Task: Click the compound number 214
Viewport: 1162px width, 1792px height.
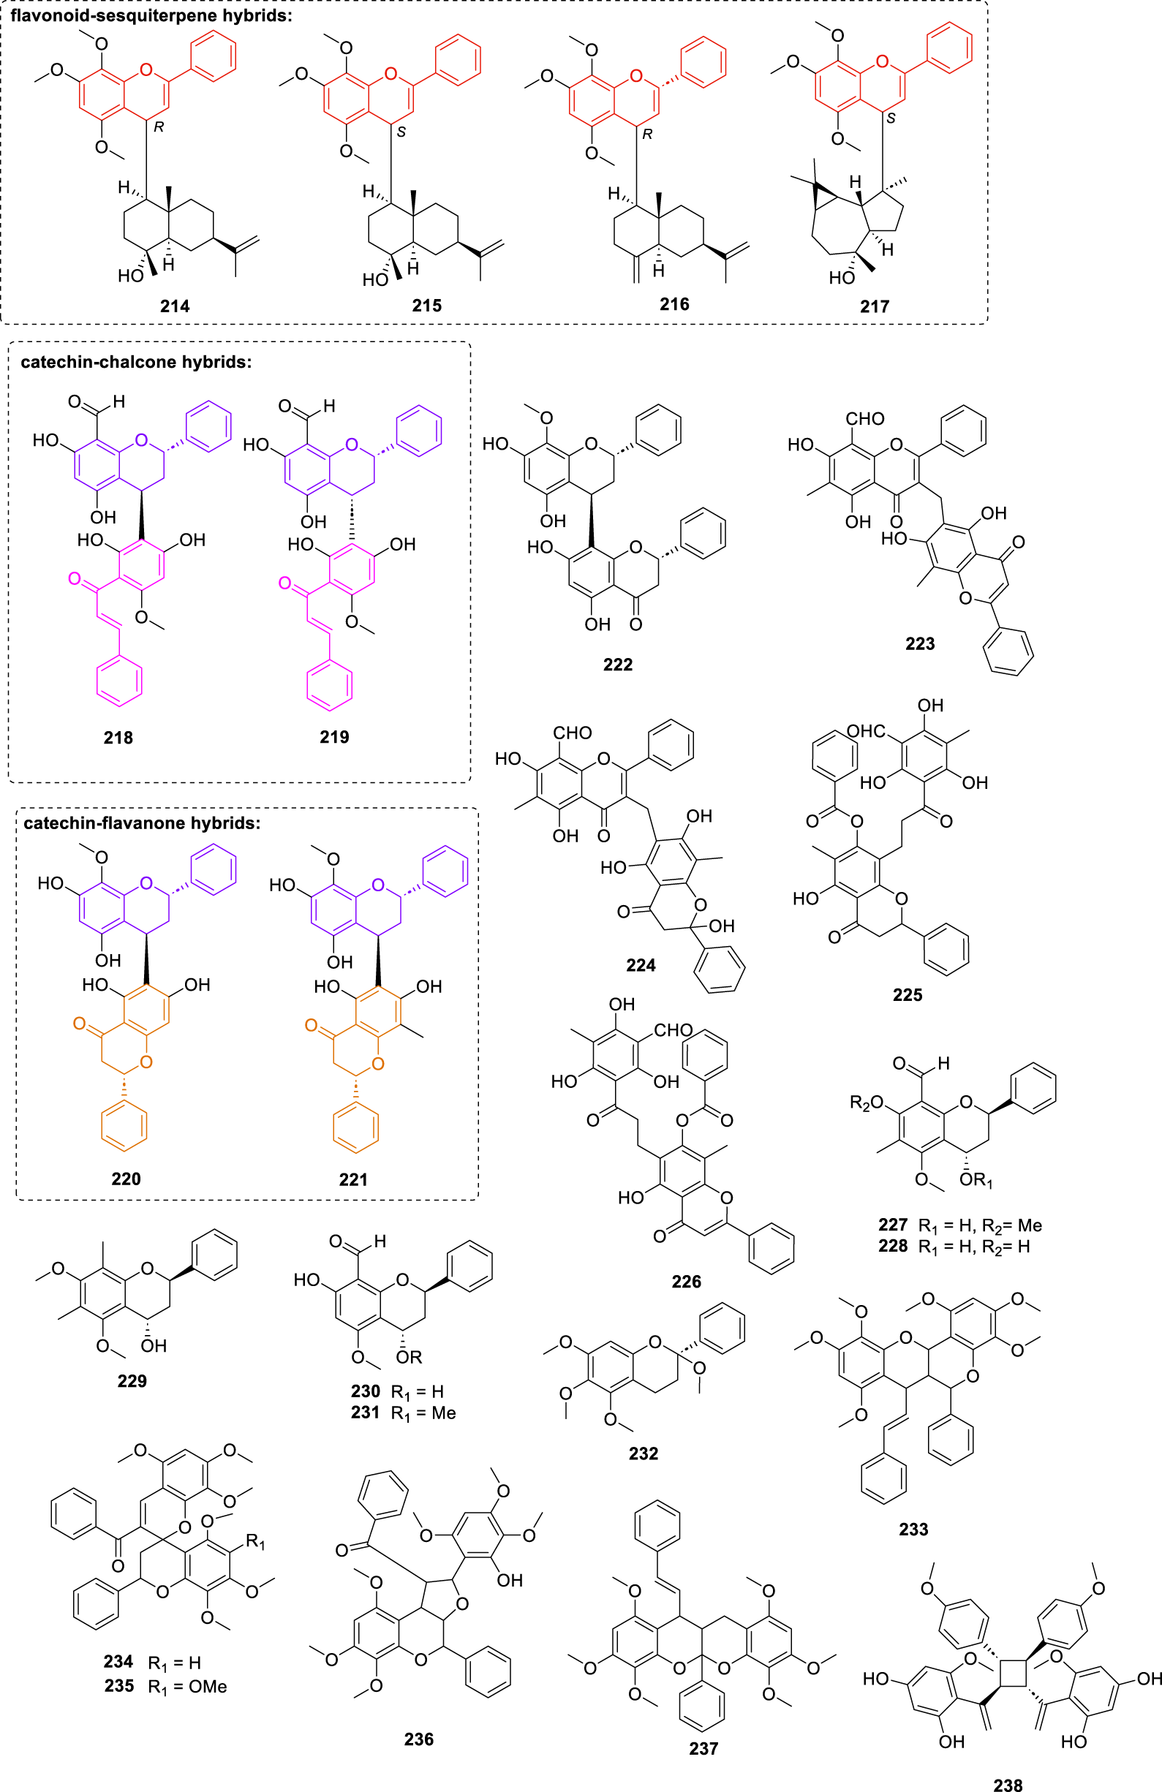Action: pos(175,306)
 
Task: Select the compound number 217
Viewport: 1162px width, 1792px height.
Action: pos(875,306)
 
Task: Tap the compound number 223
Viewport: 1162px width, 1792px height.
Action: pos(919,644)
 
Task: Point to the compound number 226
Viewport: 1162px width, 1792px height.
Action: pos(686,1282)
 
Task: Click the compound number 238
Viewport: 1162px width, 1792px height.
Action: pos(1008,1784)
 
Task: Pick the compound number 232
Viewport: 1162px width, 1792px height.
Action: pos(643,1453)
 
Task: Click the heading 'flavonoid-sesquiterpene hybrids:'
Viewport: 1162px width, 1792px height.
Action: pos(151,15)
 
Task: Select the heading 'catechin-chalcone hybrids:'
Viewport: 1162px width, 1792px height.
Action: pos(135,362)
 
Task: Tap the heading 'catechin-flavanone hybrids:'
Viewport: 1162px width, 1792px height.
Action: pos(142,823)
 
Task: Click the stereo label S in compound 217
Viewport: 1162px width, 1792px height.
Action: pos(891,118)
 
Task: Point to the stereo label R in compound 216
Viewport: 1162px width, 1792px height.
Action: pos(647,134)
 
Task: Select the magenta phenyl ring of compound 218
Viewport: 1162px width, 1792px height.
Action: pos(119,682)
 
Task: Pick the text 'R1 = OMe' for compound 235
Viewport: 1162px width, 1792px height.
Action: pos(186,1687)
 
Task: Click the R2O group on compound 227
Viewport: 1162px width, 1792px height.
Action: pos(865,1104)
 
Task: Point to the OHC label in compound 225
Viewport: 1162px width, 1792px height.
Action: pos(865,731)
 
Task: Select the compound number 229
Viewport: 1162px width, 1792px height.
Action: pos(132,1381)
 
